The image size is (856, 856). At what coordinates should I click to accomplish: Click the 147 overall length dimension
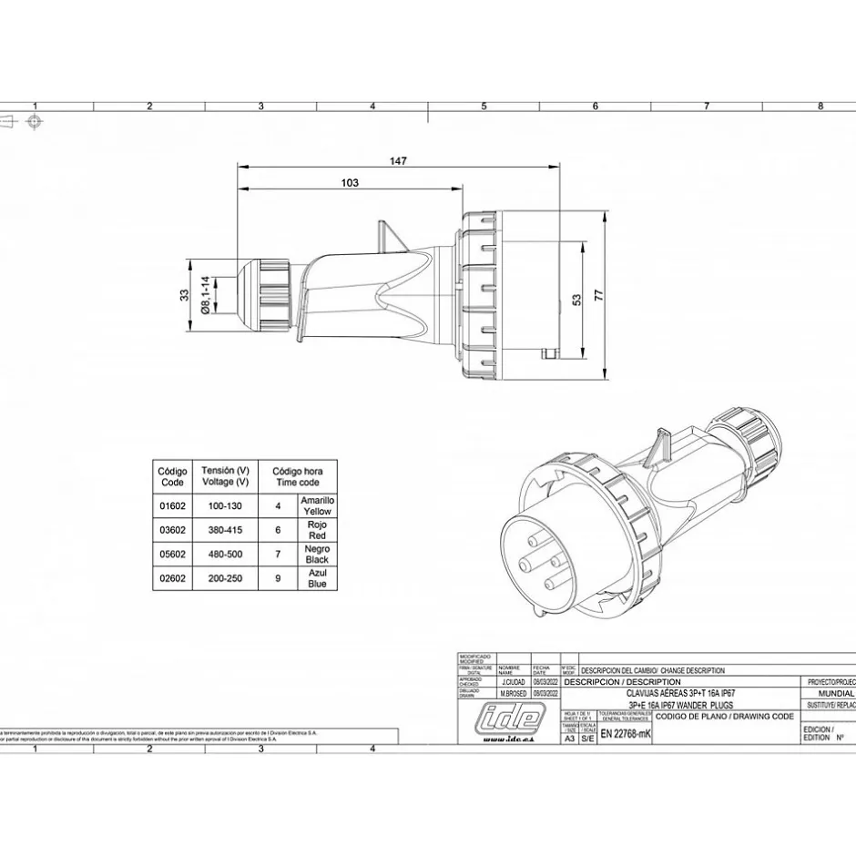pyautogui.click(x=398, y=160)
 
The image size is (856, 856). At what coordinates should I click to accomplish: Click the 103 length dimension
pyautogui.click(x=350, y=182)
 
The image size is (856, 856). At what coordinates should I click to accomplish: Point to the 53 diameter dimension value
pyautogui.click(x=576, y=300)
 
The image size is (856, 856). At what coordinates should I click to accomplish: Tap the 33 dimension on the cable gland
pyautogui.click(x=185, y=294)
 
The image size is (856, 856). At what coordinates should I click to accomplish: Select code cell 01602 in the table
pyautogui.click(x=172, y=504)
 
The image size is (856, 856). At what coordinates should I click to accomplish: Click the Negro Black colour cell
pyautogui.click(x=317, y=554)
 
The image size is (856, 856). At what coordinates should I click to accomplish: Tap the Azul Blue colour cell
pyautogui.click(x=317, y=578)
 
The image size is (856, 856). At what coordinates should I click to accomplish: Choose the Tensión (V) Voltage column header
pyautogui.click(x=224, y=475)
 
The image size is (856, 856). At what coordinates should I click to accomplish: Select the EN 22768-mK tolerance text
pyautogui.click(x=626, y=734)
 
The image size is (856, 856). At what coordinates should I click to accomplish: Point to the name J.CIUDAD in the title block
pyautogui.click(x=513, y=682)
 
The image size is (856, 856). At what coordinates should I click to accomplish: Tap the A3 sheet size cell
pyautogui.click(x=570, y=739)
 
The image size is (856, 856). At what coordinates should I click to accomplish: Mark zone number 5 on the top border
pyautogui.click(x=484, y=107)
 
